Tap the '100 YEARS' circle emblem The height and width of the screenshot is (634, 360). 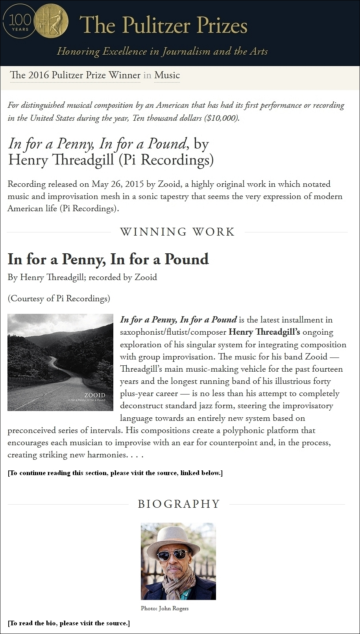[18, 22]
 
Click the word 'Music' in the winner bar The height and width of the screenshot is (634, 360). [167, 75]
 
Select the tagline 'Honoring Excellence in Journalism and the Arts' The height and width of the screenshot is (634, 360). [162, 51]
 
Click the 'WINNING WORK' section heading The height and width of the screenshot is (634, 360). [177, 232]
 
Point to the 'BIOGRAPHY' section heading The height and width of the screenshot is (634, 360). [179, 504]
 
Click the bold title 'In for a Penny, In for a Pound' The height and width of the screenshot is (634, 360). [108, 259]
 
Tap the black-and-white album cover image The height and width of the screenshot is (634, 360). [60, 362]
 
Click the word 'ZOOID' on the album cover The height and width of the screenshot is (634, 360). [95, 395]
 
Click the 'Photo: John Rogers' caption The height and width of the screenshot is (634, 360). [164, 608]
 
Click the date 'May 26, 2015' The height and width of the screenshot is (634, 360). [118, 184]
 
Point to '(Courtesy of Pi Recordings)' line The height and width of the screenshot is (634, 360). [59, 299]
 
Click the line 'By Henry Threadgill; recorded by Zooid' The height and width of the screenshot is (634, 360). [82, 277]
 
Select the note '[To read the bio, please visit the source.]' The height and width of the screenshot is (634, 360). [68, 623]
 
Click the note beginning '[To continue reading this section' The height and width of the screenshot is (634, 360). [115, 473]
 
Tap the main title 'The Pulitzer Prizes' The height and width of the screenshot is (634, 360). [163, 25]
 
